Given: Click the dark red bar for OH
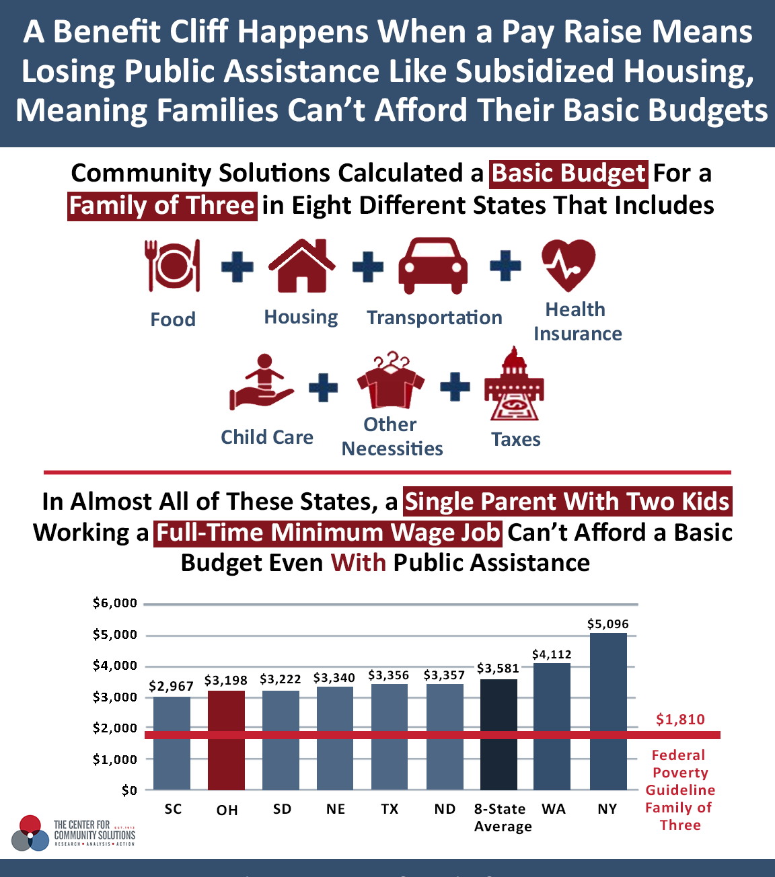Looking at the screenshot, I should coord(226,740).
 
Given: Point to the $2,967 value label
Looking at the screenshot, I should coord(171,686).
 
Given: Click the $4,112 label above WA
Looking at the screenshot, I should coord(552,654).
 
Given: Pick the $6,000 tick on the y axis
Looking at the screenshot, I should coord(115,603).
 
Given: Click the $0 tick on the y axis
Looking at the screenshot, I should coord(129,790).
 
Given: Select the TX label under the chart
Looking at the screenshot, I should coord(390,809).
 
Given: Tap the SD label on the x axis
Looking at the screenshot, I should coord(282,809).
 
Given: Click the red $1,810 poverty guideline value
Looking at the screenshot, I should coord(680,720).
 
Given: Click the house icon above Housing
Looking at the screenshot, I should coord(301,266).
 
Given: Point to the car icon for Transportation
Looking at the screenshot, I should coord(433,266).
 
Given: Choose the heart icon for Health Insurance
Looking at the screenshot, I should coord(568,266).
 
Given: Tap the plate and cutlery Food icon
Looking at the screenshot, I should coord(173,266).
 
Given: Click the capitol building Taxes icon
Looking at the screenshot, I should coord(514,383).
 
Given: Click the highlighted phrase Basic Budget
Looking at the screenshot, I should coord(568,174).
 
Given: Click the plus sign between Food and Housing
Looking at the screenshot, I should coord(237,266).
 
